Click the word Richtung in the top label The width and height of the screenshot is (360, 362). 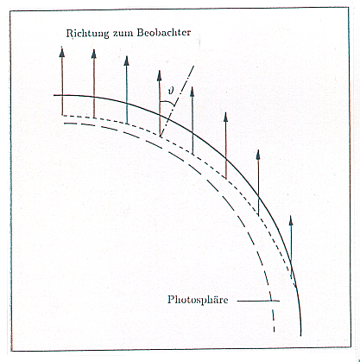pos(87,34)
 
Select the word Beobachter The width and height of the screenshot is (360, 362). pos(164,32)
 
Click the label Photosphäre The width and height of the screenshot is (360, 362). pos(198,300)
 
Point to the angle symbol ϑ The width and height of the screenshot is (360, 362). pos(171,91)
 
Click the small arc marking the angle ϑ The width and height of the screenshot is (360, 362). pos(167,103)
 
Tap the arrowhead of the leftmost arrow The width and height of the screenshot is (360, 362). pos(62,51)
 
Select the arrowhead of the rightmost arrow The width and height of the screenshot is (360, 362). pos(291,220)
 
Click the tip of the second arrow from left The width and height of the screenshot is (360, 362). pos(93,49)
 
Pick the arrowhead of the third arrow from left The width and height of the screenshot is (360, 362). pos(126,61)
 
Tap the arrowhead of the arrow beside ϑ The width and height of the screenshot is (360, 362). pos(159,75)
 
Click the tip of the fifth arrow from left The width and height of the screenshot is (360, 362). pos(193,86)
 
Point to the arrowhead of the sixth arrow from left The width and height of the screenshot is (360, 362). pos(226,117)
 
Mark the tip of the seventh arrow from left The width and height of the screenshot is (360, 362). pos(258,149)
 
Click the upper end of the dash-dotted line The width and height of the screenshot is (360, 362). pos(194,66)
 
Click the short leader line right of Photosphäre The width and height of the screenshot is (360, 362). pos(258,302)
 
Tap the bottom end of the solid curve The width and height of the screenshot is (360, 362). pos(300,336)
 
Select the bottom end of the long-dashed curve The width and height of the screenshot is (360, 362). pos(274,332)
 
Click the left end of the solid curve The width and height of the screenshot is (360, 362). pos(54,95)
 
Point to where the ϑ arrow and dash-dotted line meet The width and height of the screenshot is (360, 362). pos(160,137)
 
